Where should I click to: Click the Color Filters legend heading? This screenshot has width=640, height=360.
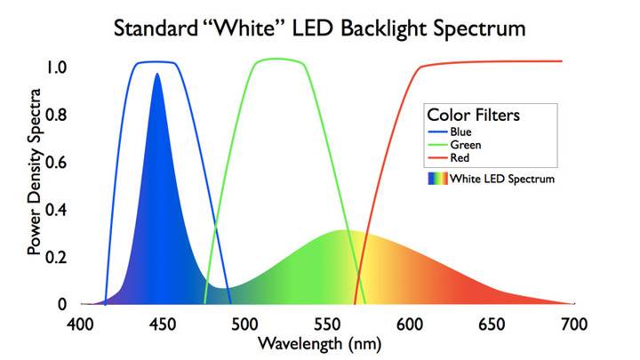coord(474,116)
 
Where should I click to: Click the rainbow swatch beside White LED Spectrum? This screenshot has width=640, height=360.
coord(437,179)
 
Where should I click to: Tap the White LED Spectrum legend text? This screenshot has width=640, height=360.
coord(502,179)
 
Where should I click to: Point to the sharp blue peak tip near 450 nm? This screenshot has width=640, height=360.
coord(157,74)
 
